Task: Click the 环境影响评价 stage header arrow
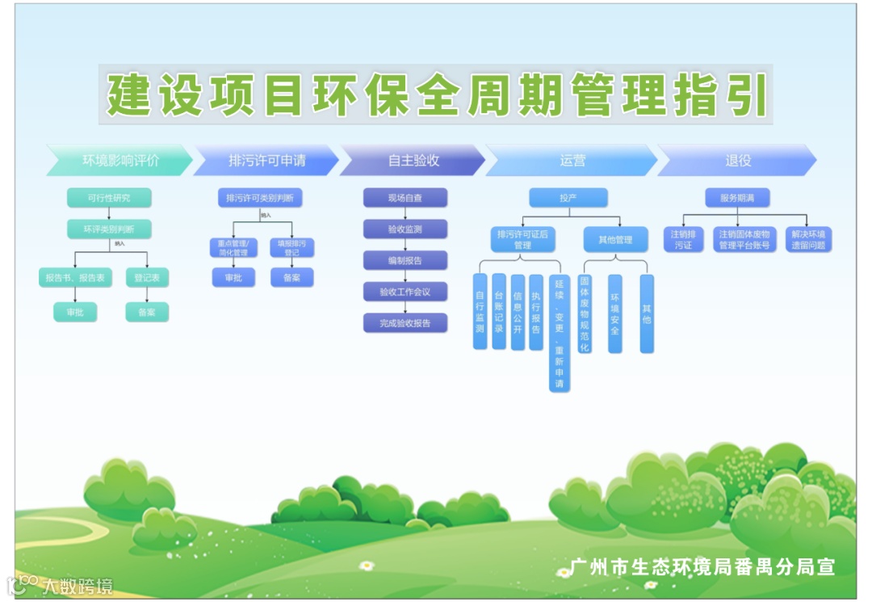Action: (x=120, y=160)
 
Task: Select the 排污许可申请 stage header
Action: (x=266, y=160)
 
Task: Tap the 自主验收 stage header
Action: (x=413, y=160)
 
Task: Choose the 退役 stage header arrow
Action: (x=737, y=160)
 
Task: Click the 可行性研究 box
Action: (x=109, y=198)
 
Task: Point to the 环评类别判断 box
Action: (x=109, y=229)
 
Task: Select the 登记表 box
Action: (x=147, y=277)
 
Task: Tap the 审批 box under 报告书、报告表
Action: (x=75, y=312)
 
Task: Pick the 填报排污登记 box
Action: (x=291, y=247)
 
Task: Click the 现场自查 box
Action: (x=405, y=198)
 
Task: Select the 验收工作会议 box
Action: (x=405, y=292)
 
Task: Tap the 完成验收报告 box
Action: (x=405, y=323)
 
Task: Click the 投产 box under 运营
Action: (x=568, y=198)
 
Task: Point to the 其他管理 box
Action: (x=615, y=239)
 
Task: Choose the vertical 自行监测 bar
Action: (x=480, y=312)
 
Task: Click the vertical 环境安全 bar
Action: (x=615, y=314)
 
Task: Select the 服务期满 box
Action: (x=737, y=198)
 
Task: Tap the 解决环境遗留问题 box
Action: (x=808, y=239)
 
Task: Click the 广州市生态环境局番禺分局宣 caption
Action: (x=702, y=566)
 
